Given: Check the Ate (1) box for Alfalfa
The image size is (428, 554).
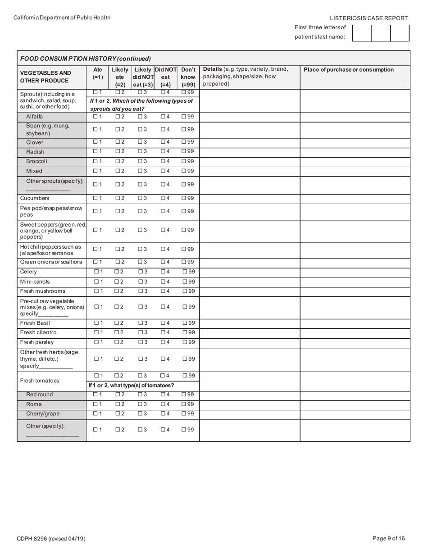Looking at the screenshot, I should click(95, 117).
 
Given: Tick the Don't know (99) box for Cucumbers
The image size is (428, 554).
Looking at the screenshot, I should click(184, 198).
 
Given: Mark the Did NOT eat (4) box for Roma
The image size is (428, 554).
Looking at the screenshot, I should click(163, 404).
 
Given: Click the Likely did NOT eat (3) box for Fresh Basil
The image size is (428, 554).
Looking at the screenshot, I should click(140, 323).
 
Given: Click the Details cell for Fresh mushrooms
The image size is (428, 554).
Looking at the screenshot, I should click(250, 291).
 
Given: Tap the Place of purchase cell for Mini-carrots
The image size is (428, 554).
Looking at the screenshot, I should click(355, 282).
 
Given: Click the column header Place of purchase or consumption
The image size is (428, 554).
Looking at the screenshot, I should click(349, 70).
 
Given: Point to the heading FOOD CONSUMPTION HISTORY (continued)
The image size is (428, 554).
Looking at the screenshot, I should click(86, 59).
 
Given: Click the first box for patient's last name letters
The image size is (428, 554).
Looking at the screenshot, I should click(362, 33).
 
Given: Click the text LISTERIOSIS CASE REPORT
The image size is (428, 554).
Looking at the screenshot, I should click(369, 18).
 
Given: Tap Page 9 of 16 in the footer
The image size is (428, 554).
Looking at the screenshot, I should click(389, 538).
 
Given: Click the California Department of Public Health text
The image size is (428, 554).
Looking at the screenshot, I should click(62, 18).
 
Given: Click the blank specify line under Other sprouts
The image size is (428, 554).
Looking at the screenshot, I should click(48, 191).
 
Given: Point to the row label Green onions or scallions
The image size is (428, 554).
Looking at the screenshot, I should click(51, 262).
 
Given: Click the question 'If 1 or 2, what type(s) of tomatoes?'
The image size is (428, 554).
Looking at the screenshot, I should click(131, 386).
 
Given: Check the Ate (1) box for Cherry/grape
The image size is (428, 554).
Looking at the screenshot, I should click(95, 413).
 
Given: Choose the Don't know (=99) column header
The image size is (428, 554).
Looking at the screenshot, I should click(188, 77).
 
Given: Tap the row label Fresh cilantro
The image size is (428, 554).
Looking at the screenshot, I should click(38, 332).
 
